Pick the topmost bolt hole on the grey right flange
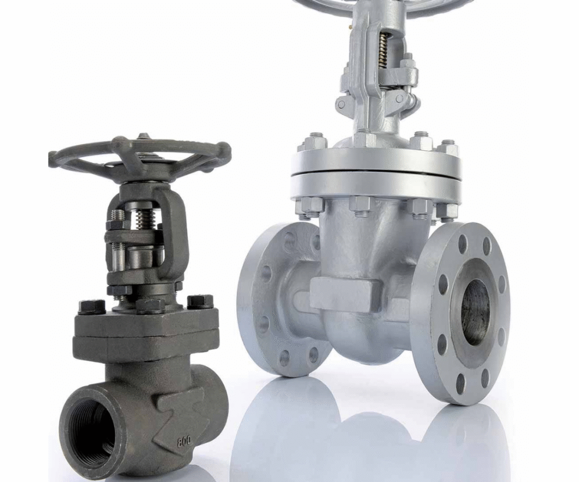click(x=463, y=242)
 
